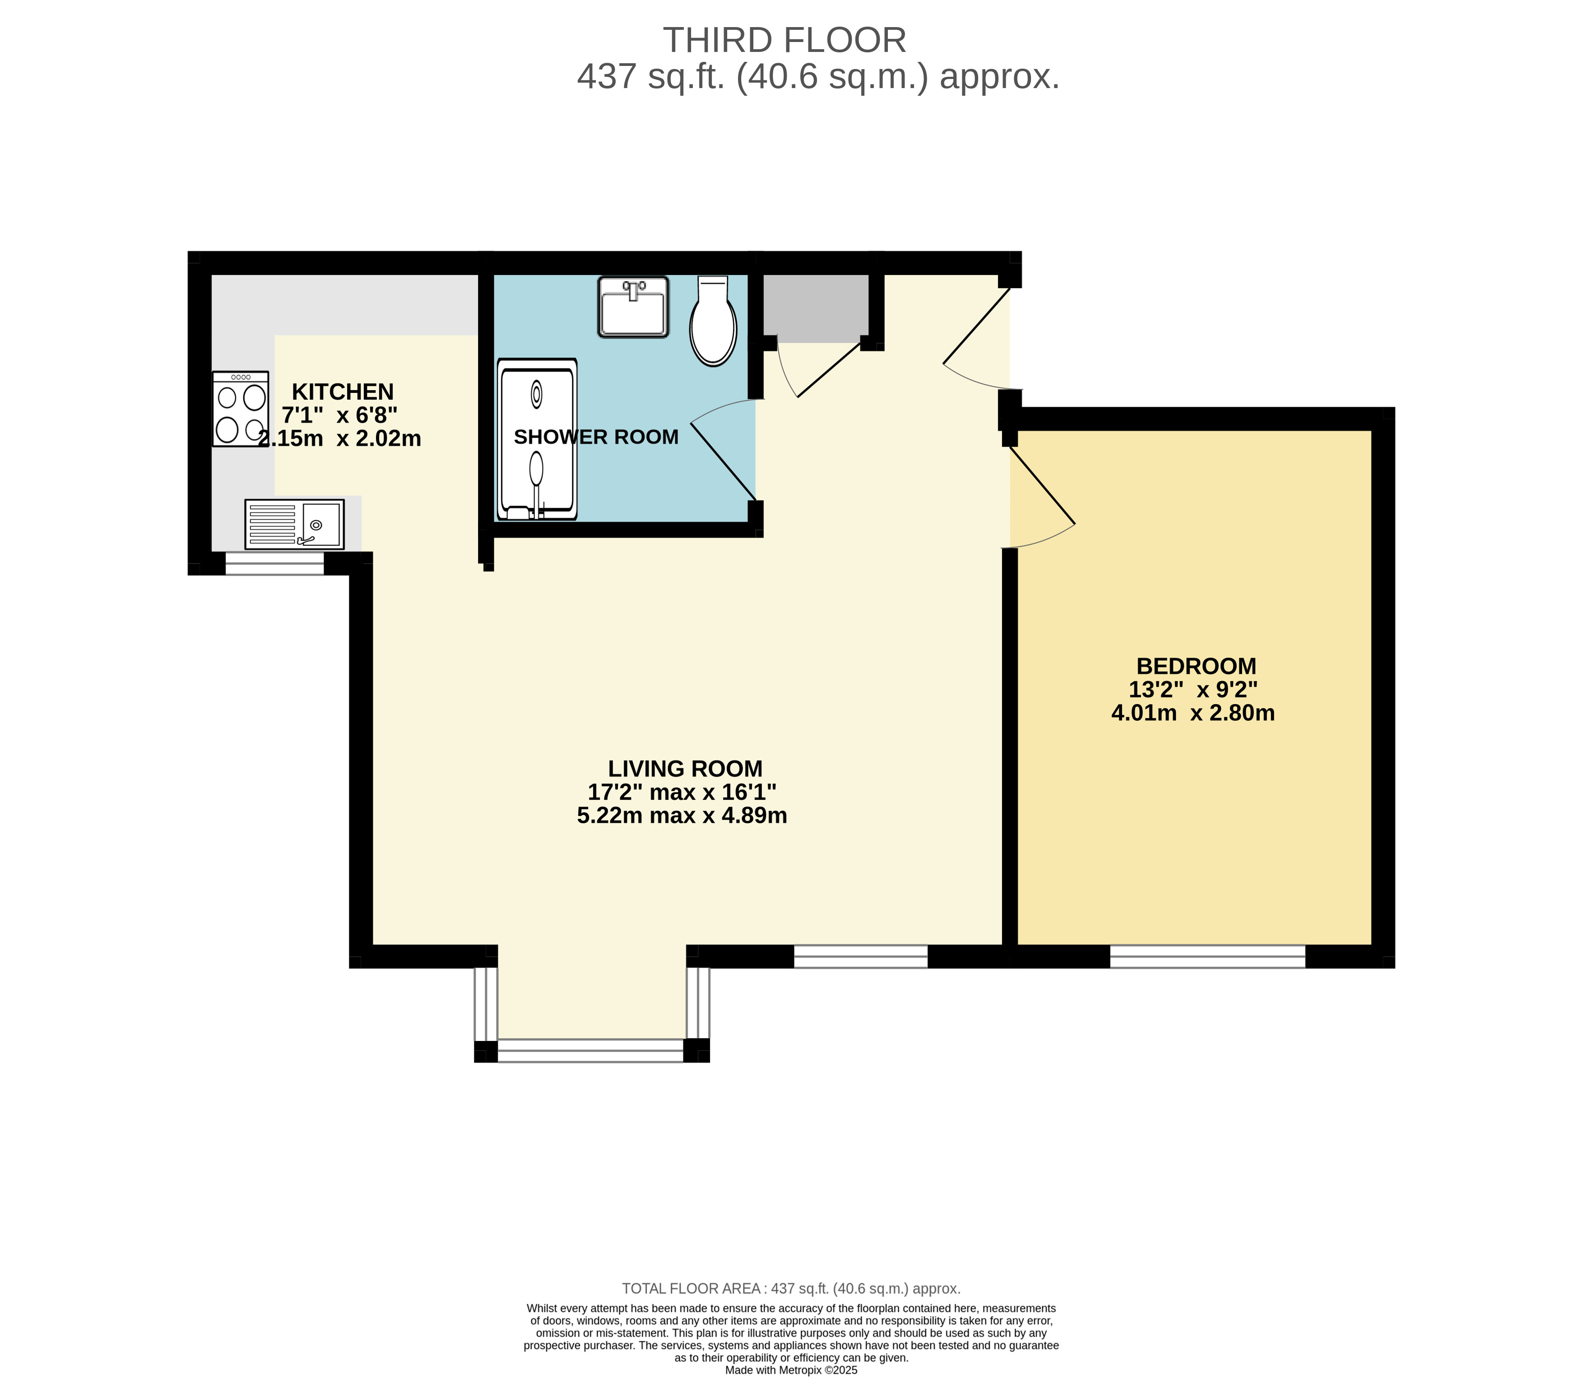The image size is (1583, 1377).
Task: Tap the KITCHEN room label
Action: pos(343,392)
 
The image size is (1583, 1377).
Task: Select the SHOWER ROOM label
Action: pos(596,437)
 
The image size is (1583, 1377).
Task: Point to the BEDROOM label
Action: pos(1196,666)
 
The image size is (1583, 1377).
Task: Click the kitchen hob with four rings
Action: pos(241,409)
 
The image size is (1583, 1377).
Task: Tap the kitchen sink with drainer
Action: pos(294,524)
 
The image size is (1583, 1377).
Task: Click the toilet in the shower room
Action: pos(714,321)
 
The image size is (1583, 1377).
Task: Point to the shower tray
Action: pos(537,439)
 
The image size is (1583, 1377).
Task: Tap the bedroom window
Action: pos(1207,957)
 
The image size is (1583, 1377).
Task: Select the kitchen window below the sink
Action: pos(274,564)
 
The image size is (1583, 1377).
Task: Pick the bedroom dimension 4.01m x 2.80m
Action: pos(1193,713)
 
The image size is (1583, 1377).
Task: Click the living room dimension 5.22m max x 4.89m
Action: pos(682,815)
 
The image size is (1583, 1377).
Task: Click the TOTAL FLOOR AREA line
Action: pos(791,1288)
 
